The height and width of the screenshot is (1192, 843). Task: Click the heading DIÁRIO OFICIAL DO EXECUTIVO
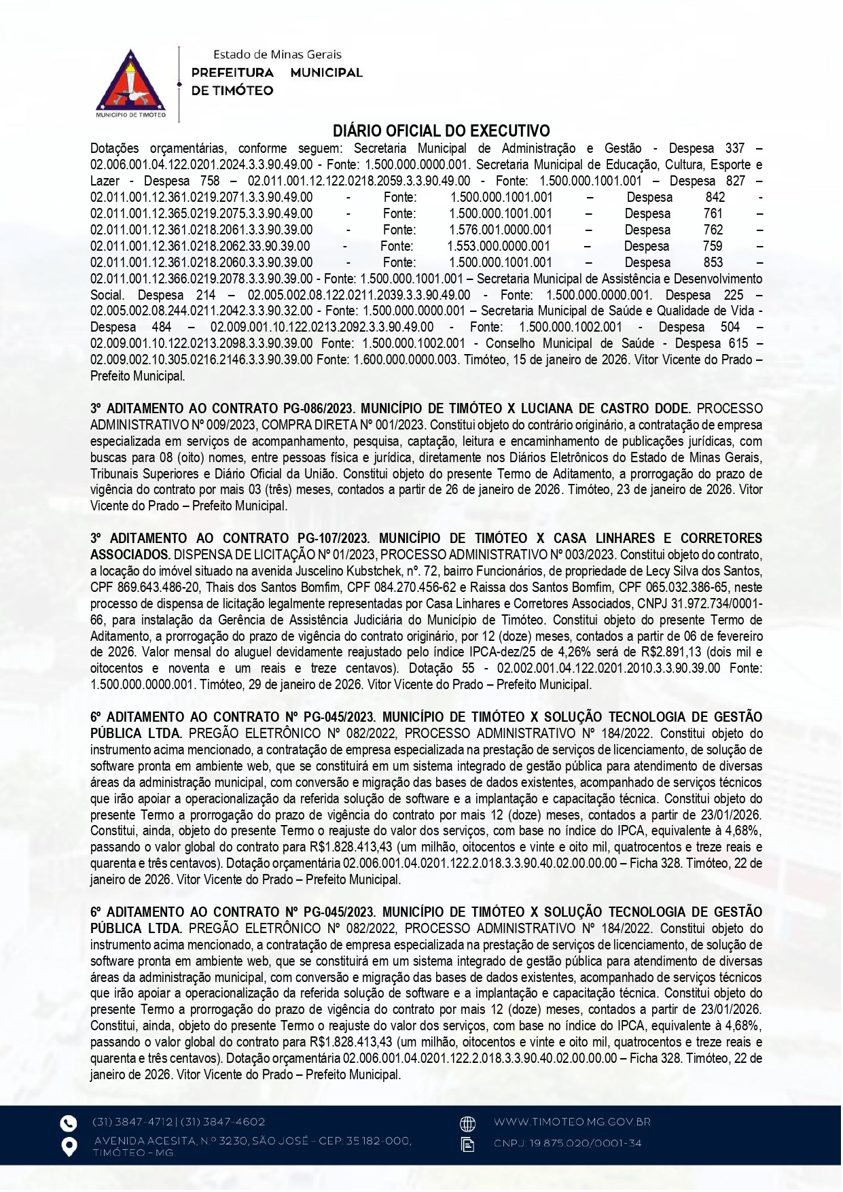click(x=441, y=130)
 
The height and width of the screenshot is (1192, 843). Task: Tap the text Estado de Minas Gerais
click(x=277, y=54)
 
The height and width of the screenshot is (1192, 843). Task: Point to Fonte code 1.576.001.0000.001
click(x=501, y=230)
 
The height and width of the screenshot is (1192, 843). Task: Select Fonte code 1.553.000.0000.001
click(x=499, y=246)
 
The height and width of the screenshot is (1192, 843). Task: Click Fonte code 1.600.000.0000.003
click(x=406, y=360)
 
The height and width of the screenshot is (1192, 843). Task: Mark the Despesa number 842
click(x=715, y=197)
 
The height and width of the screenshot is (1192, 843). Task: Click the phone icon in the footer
click(x=69, y=1122)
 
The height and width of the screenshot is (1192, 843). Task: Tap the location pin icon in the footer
click(x=69, y=1146)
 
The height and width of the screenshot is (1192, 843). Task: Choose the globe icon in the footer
click(x=467, y=1123)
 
